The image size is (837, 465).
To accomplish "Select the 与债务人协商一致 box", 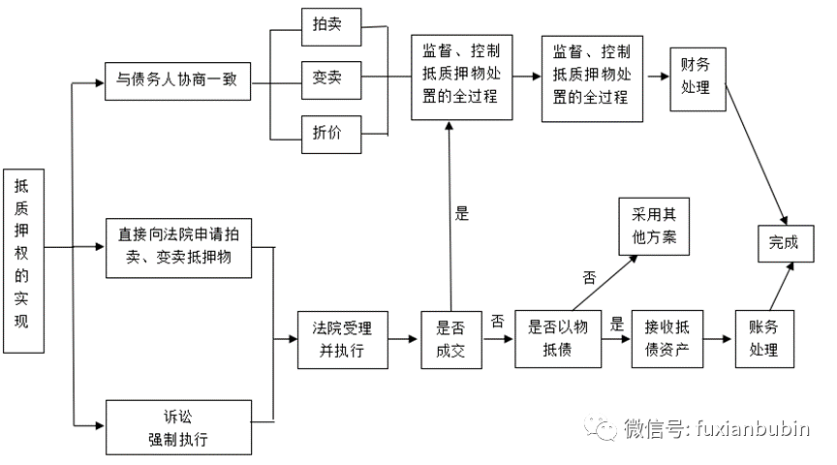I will (x=177, y=81).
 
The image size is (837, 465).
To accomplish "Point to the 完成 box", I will (x=784, y=241).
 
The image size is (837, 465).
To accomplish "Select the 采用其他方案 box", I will (x=654, y=227).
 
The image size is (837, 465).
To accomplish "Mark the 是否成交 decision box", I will (x=451, y=339).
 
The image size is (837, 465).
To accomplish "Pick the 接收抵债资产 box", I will (x=666, y=339).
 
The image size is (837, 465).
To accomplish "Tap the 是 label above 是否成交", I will (x=462, y=214).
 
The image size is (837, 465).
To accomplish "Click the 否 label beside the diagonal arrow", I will (x=589, y=277).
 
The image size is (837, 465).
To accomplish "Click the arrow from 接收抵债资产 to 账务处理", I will (x=718, y=339).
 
